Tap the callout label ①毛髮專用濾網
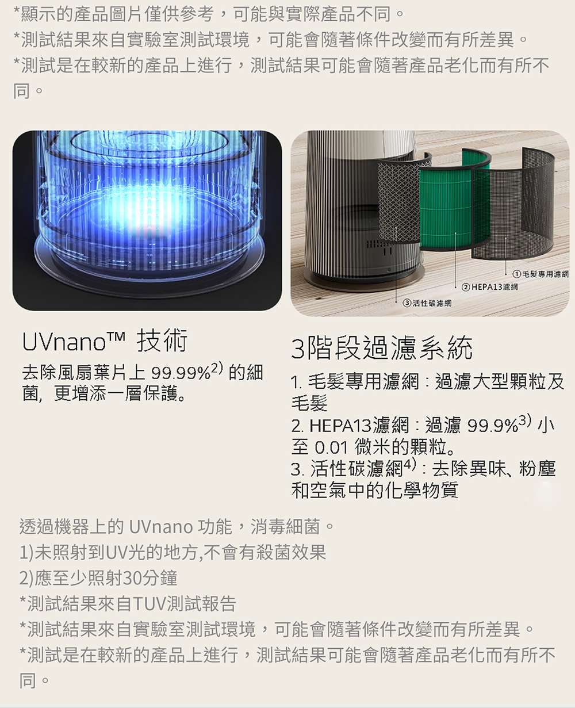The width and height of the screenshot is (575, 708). tap(540, 274)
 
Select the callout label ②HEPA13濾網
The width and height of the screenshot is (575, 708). tap(489, 287)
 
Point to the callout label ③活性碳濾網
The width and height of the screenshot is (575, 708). tap(427, 303)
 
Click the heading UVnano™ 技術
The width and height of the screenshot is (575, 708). tap(105, 340)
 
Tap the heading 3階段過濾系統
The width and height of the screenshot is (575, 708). tap(382, 348)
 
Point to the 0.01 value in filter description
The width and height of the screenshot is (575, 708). tap(331, 447)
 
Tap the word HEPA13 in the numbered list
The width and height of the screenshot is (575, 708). tap(340, 426)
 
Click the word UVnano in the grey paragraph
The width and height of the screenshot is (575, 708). tap(161, 527)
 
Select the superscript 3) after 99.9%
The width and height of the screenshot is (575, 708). tap(525, 419)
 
